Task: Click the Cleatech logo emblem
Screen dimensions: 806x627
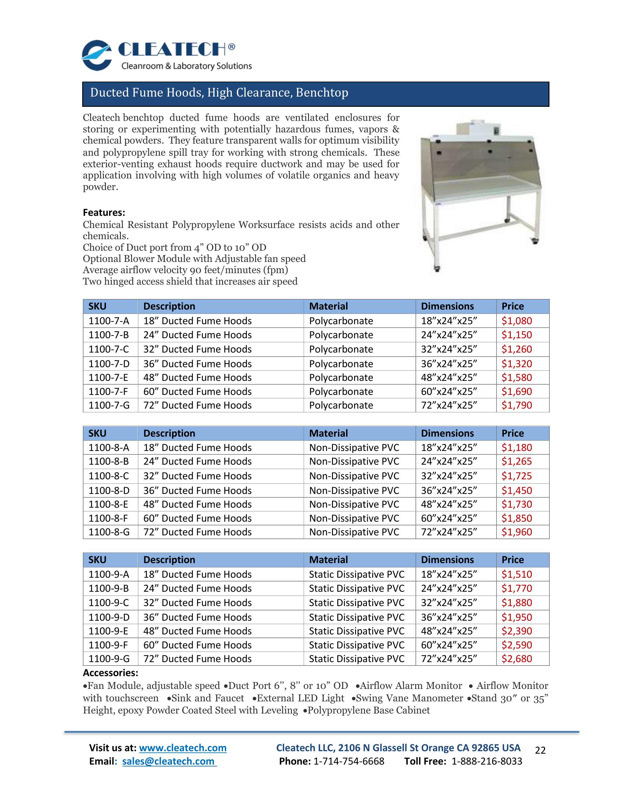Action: point(97,55)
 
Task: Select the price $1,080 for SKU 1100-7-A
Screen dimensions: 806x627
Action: point(516,321)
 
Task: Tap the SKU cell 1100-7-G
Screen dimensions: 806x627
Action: point(109,405)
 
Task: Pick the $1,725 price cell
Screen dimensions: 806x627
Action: point(516,476)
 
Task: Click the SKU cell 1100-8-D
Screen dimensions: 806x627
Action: point(109,491)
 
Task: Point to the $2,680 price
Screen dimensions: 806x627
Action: point(516,659)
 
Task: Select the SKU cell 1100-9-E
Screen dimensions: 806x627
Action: point(108,631)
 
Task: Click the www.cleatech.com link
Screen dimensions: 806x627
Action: point(183,748)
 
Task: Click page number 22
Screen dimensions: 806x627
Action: point(540,750)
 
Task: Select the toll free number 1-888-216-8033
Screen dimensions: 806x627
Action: point(487,761)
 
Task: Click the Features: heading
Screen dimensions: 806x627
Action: point(104,213)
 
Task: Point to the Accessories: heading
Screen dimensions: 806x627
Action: point(110,673)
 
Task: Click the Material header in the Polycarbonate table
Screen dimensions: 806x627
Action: point(328,306)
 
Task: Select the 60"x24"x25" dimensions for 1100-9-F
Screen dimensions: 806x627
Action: point(449,645)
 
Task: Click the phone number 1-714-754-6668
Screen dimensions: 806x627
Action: point(348,761)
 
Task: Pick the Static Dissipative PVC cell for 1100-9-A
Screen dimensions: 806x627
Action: point(357,575)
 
